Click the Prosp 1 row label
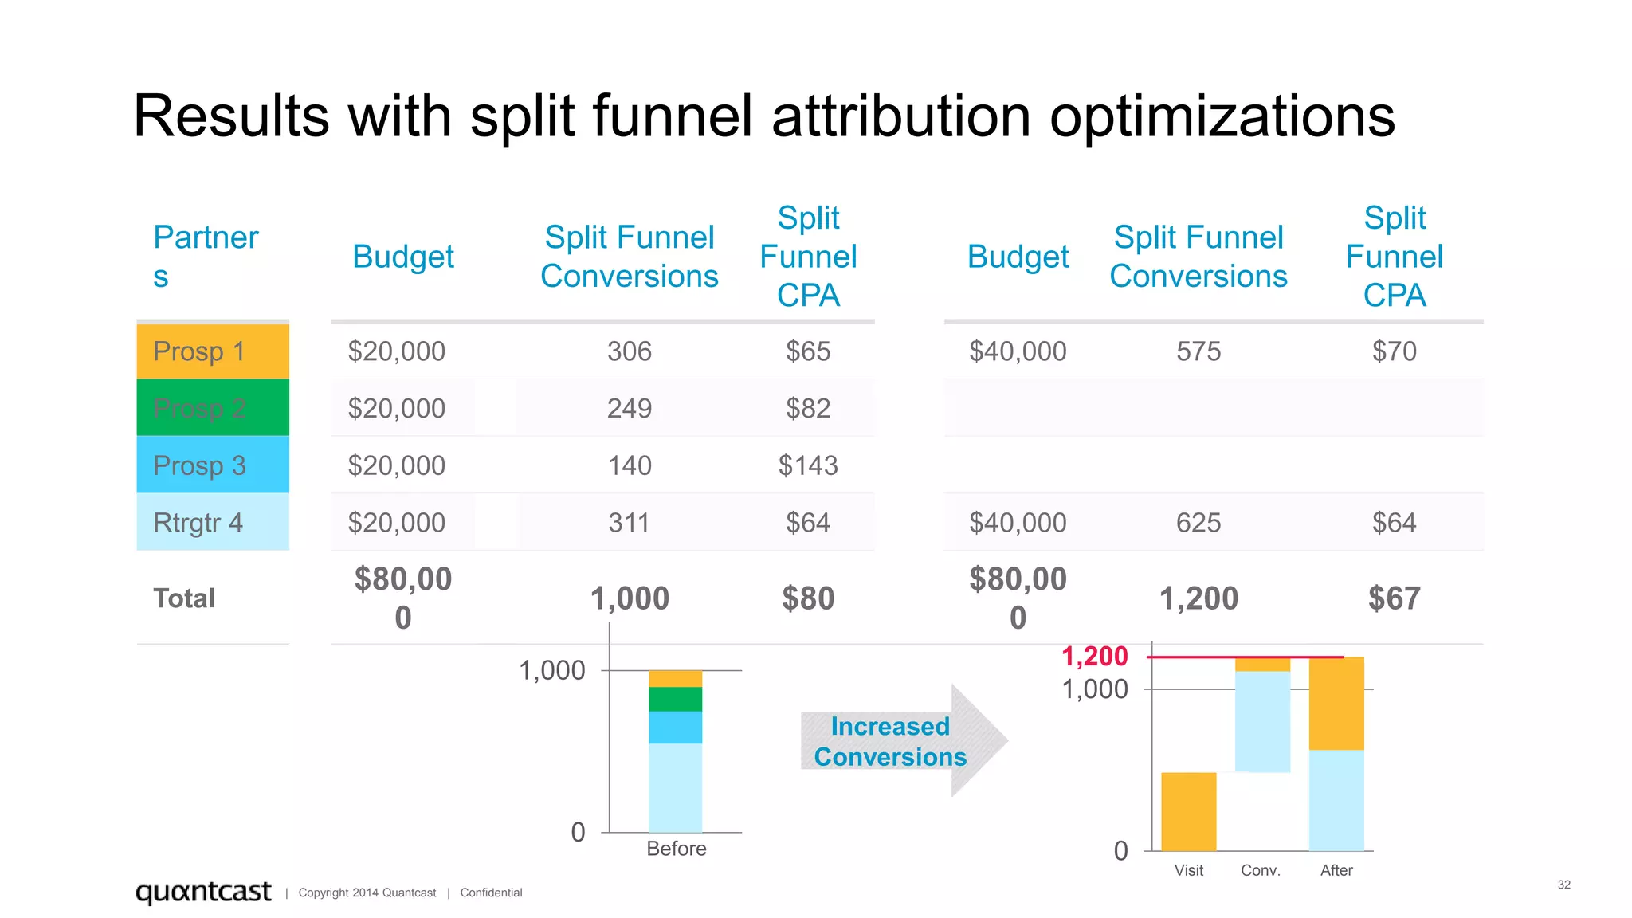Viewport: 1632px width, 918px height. [x=199, y=351]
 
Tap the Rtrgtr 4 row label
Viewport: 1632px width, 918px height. [x=198, y=523]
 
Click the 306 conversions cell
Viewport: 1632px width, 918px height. [x=629, y=351]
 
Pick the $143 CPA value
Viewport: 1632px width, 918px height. [x=808, y=465]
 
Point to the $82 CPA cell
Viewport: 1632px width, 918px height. [x=808, y=408]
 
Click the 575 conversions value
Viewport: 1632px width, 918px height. [x=1198, y=351]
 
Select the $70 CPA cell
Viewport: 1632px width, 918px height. [x=1394, y=351]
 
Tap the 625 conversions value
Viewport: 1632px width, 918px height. [x=1198, y=523]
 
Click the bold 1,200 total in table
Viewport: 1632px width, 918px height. [x=1198, y=598]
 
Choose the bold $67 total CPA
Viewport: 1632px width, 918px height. [x=1394, y=598]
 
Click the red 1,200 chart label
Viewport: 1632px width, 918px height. [x=1094, y=657]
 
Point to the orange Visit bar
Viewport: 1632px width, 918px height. [x=1188, y=811]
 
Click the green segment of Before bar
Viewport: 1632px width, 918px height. [x=675, y=699]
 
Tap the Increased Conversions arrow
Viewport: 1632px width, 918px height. [x=900, y=741]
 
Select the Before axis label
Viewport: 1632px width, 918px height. [x=676, y=849]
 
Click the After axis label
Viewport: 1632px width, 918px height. [x=1336, y=870]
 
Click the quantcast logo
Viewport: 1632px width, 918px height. [x=203, y=891]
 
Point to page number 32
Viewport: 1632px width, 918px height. [x=1563, y=885]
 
